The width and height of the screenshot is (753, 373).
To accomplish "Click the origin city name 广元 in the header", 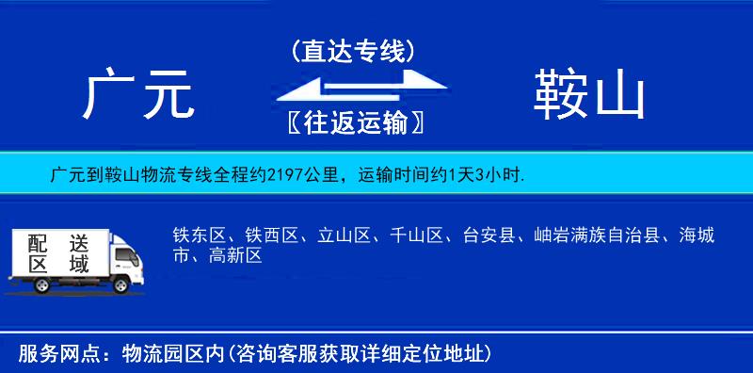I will (138, 96).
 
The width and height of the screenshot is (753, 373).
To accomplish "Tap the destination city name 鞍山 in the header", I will (589, 96).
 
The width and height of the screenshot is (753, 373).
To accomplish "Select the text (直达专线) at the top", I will (353, 52).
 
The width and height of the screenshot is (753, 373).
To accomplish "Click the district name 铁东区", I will (195, 235).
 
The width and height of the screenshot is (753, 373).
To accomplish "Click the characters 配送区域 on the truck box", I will (57, 253).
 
